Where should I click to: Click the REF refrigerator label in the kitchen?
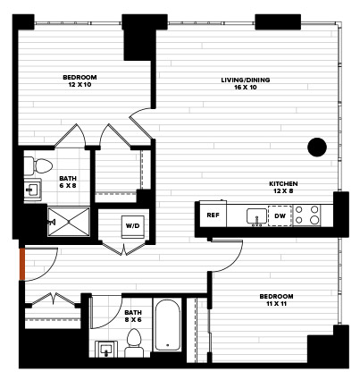(x=213, y=215)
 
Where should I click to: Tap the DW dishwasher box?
(x=280, y=215)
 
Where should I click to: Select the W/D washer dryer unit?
(x=132, y=226)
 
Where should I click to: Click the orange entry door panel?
(x=22, y=264)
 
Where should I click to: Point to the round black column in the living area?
(x=317, y=147)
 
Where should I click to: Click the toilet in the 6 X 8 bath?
(x=38, y=166)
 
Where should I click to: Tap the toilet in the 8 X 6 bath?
(x=134, y=343)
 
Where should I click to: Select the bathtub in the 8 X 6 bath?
(x=167, y=325)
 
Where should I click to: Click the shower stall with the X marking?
(x=69, y=222)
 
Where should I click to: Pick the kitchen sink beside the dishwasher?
(x=256, y=216)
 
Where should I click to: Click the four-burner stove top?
(x=306, y=215)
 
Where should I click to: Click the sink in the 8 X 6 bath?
(x=106, y=349)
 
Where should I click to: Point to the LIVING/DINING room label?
(x=246, y=80)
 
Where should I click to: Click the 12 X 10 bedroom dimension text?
(x=80, y=85)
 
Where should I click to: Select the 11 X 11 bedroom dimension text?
(x=276, y=304)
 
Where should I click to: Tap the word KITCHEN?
(x=283, y=183)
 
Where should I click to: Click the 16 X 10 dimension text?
(x=246, y=88)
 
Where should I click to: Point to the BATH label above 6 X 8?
(x=68, y=179)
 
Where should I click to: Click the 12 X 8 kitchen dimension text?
(x=283, y=190)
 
